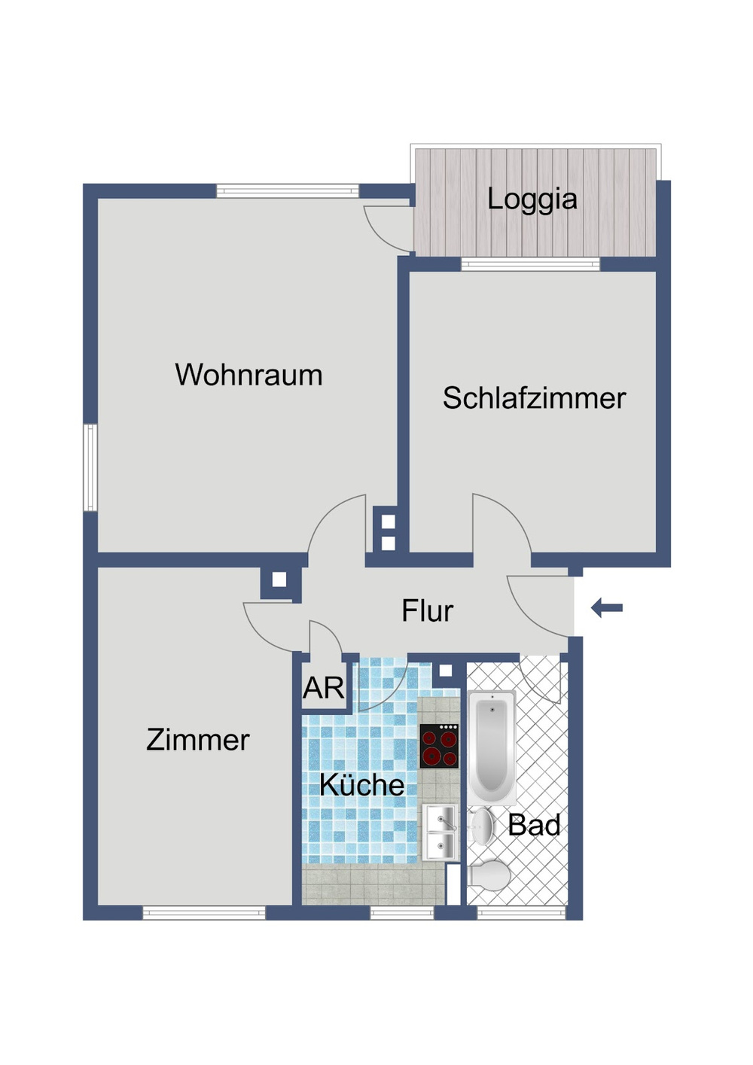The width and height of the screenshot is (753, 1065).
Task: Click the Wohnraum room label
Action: [248, 375]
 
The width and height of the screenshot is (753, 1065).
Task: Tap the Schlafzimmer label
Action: [534, 398]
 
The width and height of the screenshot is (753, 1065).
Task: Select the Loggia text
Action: [532, 199]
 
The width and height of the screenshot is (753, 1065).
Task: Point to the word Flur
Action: [427, 611]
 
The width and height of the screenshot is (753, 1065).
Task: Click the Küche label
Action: [361, 785]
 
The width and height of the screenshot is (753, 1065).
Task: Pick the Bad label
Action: [534, 826]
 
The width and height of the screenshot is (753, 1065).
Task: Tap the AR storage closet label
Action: [323, 688]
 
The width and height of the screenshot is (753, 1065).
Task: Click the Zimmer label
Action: [197, 740]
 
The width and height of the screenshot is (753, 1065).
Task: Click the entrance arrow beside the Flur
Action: [607, 607]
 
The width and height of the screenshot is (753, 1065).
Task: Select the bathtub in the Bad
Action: [491, 745]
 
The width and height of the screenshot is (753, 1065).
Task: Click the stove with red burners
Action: [439, 746]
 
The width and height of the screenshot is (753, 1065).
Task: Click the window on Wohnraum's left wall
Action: [90, 467]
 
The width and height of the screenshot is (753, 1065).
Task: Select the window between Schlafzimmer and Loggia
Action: [530, 264]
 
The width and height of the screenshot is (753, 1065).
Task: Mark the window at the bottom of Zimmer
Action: [204, 913]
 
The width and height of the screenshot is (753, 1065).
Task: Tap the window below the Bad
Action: [521, 913]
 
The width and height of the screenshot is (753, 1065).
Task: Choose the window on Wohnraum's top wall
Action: [288, 191]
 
